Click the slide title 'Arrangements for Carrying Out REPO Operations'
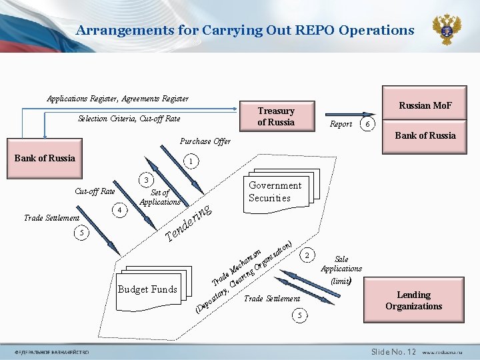pyautogui.click(x=245, y=30)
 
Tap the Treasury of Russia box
pyautogui.click(x=276, y=117)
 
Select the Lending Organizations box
pyautogui.click(x=413, y=301)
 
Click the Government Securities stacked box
pyautogui.click(x=275, y=191)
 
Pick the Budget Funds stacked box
pyautogui.click(x=147, y=289)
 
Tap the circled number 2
pyautogui.click(x=306, y=255)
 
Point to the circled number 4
pyautogui.click(x=119, y=210)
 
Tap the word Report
pyautogui.click(x=341, y=125)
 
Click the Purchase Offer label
pyautogui.click(x=205, y=141)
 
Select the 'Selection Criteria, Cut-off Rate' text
pyautogui.click(x=129, y=119)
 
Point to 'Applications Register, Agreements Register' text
pyautogui.click(x=117, y=99)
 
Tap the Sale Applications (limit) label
pyautogui.click(x=341, y=269)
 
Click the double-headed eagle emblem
pyautogui.click(x=447, y=30)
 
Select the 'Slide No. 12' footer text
pyautogui.click(x=393, y=351)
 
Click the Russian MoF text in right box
pyautogui.click(x=425, y=105)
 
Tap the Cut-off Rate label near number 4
pyautogui.click(x=95, y=191)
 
